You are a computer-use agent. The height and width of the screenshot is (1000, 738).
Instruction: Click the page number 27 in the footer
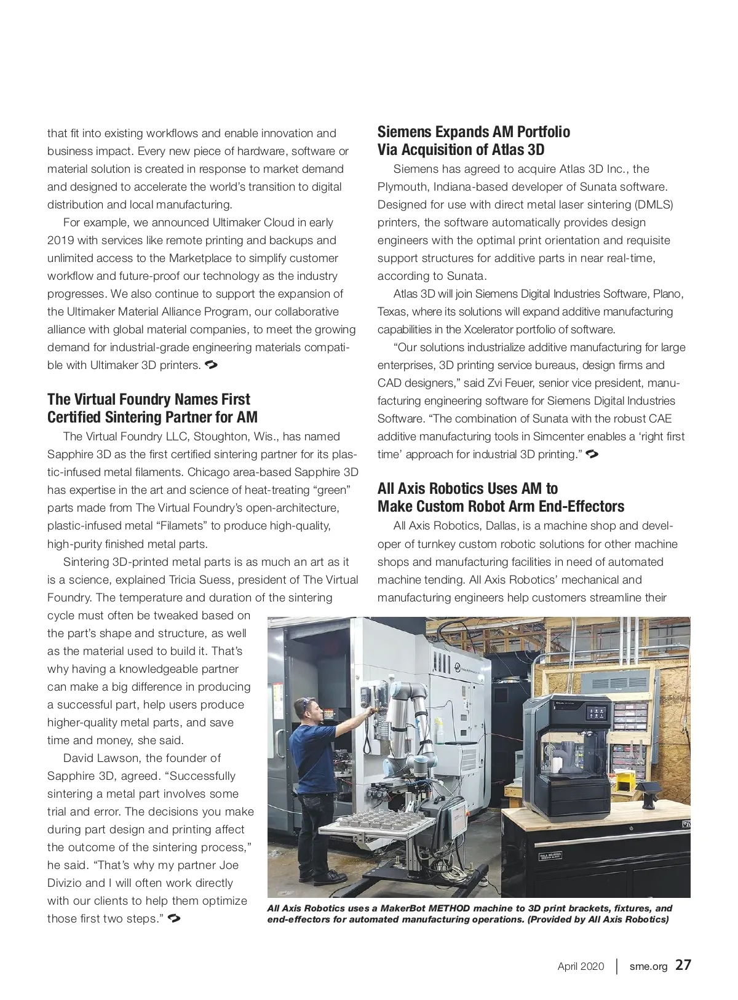tap(683, 965)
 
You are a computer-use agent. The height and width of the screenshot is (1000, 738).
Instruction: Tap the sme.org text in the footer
tap(648, 966)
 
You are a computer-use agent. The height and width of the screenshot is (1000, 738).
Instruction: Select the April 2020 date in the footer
tap(581, 966)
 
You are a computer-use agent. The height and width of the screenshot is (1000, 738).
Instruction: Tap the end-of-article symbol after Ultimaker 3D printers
tap(211, 365)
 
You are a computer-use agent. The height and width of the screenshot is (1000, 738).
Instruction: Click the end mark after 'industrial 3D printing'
tap(593, 454)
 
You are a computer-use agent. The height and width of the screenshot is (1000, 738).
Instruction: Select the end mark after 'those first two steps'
tap(174, 919)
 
